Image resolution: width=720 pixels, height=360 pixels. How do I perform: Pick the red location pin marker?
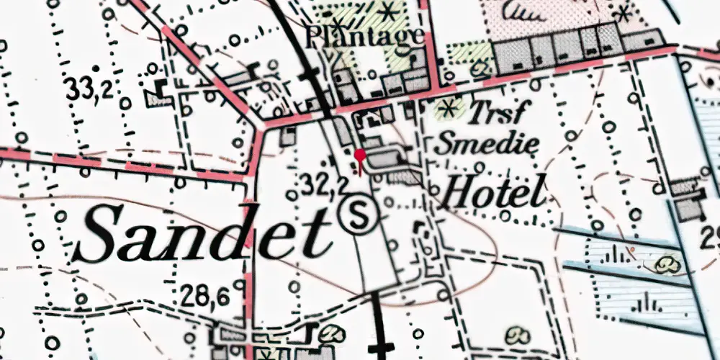tap(360, 155)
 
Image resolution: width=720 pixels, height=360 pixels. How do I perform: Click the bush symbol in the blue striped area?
tap(669, 266)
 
